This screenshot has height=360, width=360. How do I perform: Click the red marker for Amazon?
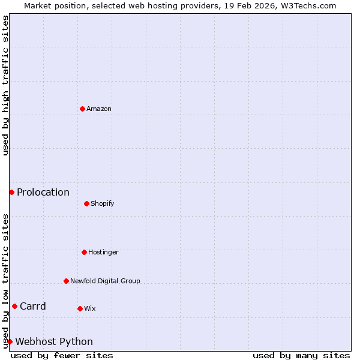[82, 109]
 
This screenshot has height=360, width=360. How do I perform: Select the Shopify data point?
[86, 203]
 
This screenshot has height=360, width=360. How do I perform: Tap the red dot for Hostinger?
[84, 252]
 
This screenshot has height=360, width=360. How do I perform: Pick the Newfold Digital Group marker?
[66, 281]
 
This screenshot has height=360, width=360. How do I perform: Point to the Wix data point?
[80, 308]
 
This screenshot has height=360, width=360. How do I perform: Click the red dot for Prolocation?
[11, 192]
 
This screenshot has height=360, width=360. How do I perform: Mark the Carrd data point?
[14, 306]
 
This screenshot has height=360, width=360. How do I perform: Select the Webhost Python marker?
[10, 341]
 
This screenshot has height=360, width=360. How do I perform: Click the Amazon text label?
[99, 109]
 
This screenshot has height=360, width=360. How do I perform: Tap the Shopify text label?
[103, 203]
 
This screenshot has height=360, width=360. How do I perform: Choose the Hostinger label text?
[103, 252]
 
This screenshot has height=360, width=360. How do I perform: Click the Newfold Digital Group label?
[105, 281]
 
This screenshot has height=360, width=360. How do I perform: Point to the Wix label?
[90, 308]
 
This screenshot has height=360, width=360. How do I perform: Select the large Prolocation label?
[43, 192]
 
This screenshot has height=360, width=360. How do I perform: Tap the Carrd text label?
[33, 306]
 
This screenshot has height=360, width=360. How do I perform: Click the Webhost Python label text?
[54, 341]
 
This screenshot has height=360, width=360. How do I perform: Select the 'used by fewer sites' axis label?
[62, 355]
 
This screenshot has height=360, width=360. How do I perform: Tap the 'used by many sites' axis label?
[301, 355]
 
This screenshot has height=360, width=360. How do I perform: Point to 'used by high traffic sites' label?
[5, 85]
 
